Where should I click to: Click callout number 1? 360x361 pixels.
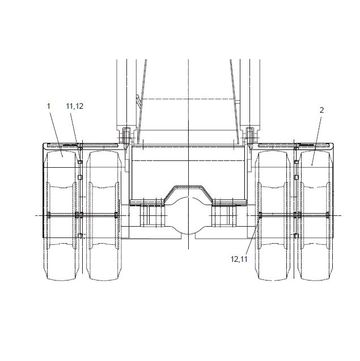coord(48,106)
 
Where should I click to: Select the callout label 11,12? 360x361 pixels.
coord(75,106)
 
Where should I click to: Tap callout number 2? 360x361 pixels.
coord(322,111)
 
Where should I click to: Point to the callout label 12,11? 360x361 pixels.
coord(239,259)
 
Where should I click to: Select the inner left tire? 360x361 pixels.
coord(104,215)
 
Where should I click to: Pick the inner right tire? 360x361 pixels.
coord(273,215)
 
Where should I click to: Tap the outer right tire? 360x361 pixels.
coord(316,215)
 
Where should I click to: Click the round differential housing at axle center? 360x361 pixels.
coord(188,215)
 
